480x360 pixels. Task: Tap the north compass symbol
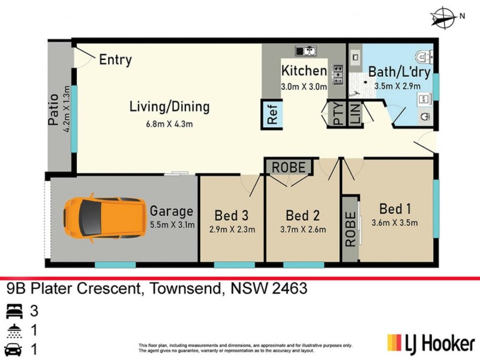point(445,17)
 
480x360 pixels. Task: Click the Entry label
point(115,60)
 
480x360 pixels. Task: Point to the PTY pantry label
point(338,114)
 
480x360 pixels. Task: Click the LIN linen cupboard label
point(355,114)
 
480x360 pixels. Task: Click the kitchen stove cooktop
point(337,73)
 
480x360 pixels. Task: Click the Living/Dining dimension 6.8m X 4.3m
point(169,124)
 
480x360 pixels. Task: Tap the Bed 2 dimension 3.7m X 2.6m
point(303,229)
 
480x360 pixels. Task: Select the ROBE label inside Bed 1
point(350,228)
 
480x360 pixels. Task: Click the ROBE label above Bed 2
point(290,167)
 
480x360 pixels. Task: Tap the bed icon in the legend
point(14,311)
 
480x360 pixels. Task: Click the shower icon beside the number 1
point(14,331)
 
